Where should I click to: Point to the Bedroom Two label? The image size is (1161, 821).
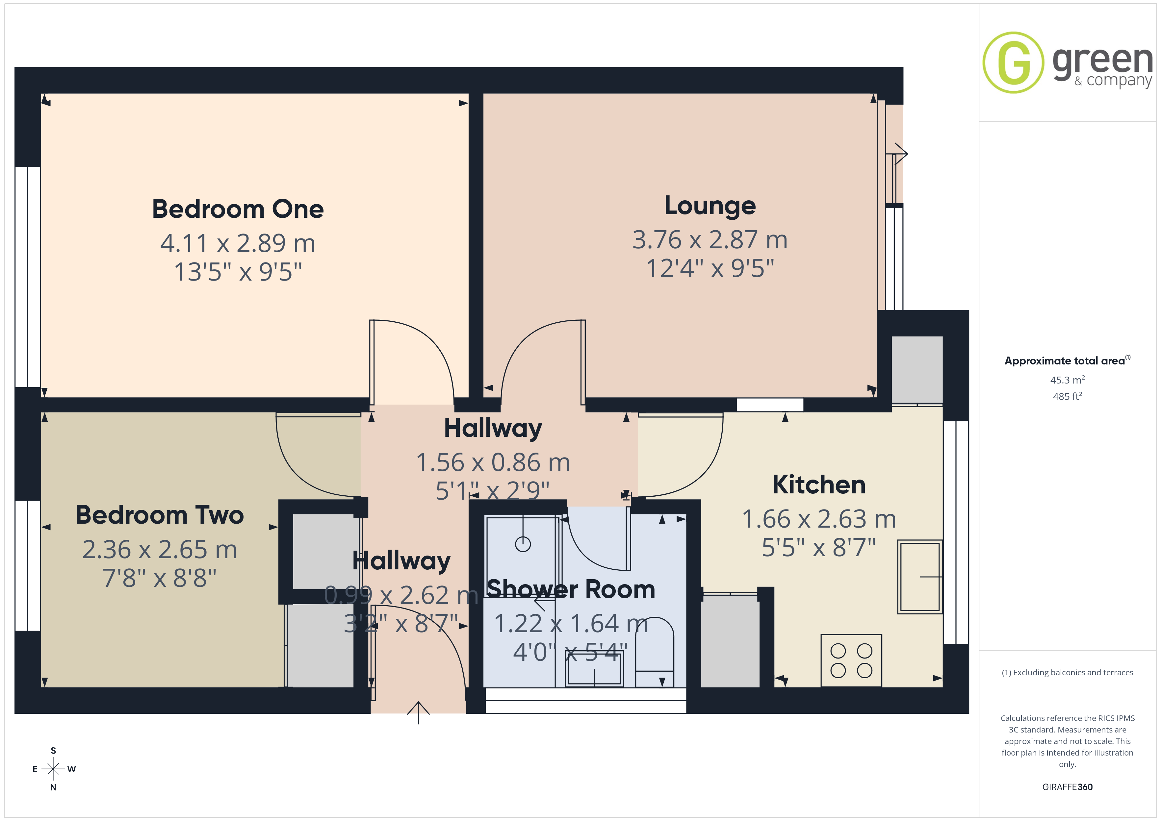point(160,515)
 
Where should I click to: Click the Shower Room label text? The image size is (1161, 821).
point(571,589)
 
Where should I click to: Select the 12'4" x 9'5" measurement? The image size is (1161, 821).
point(710,268)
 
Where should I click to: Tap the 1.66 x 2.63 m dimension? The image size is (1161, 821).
point(819,519)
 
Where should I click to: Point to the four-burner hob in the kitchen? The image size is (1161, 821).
point(852,661)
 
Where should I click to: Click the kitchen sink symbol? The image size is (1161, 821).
point(920,577)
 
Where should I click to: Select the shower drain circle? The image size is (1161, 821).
point(523,544)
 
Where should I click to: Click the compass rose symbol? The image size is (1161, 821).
point(53,769)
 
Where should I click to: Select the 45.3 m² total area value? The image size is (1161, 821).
point(1068,380)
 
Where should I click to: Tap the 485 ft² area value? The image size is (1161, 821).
point(1068,396)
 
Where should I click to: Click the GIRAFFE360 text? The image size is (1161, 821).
point(1068,787)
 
